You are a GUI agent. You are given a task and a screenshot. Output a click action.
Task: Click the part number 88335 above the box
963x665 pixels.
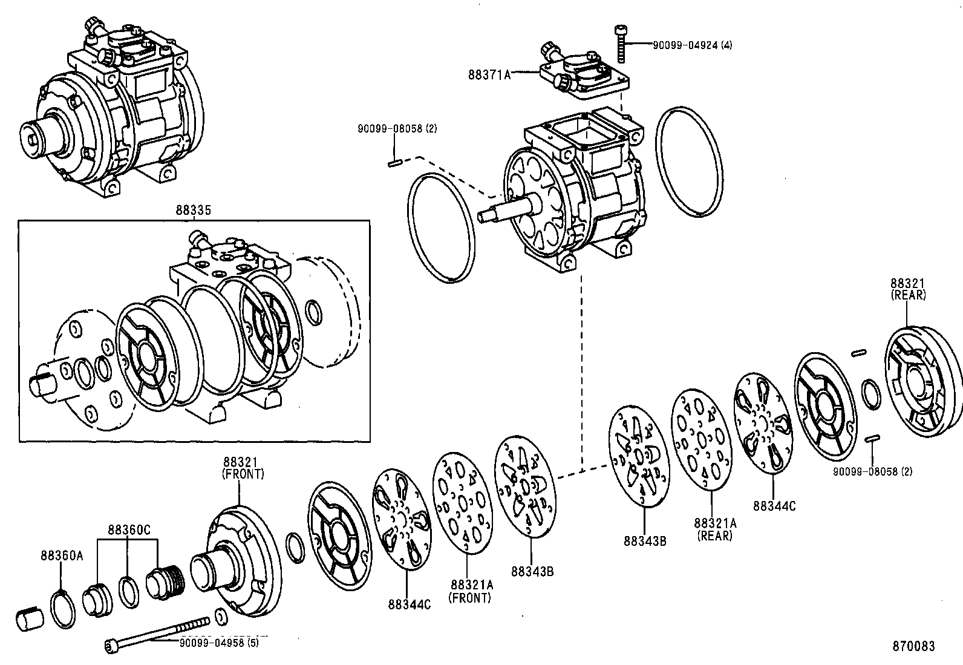pos(194,211)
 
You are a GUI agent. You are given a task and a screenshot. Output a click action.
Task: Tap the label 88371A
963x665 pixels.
pos(489,74)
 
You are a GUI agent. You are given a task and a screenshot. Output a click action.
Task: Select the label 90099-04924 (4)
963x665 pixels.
pos(692,45)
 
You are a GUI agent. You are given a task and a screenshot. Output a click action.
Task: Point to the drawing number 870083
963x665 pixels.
pos(913,646)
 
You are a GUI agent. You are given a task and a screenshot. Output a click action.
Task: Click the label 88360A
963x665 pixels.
pos(62,555)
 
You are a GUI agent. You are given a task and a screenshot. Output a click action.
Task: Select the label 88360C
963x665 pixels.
pos(129,529)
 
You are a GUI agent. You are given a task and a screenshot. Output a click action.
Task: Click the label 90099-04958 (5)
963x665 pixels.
pos(218,643)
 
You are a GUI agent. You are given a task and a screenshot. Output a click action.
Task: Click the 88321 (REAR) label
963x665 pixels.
pos(907,289)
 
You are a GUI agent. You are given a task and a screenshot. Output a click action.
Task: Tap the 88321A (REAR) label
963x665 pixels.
pos(715,529)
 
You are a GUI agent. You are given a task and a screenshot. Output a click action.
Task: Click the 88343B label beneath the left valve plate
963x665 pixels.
pos(532,571)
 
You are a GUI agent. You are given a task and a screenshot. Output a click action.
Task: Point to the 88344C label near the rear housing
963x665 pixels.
pos(774,506)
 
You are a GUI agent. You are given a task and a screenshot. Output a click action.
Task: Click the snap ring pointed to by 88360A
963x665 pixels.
pos(62,609)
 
